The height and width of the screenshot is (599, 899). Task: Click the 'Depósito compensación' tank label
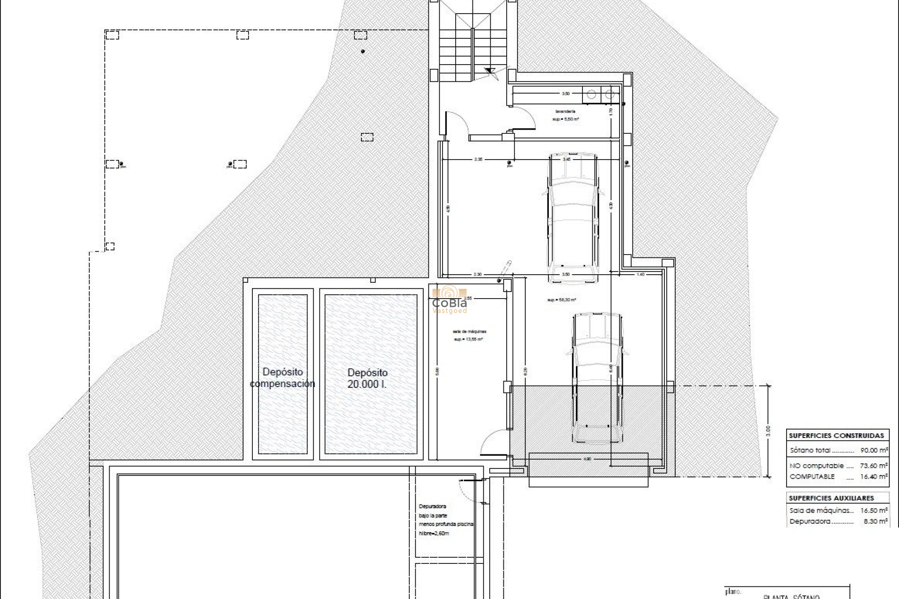coord(282,378)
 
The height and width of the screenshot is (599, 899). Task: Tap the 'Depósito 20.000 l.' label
coord(368,378)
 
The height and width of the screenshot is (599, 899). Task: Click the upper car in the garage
coord(573,218)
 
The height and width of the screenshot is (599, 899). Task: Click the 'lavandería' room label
coord(565,111)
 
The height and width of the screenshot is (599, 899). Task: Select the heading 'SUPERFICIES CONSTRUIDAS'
coord(836,436)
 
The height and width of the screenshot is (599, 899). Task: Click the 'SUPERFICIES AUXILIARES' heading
coord(832,498)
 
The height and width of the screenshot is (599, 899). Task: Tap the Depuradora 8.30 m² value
coord(876,521)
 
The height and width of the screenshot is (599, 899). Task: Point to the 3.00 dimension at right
coord(766,431)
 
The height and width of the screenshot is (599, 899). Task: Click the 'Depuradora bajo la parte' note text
coord(433,511)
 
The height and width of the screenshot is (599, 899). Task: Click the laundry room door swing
coord(523,117)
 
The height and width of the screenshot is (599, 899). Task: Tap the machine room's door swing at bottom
coord(493,442)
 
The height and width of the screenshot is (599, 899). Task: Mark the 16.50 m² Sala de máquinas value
coord(874,511)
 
